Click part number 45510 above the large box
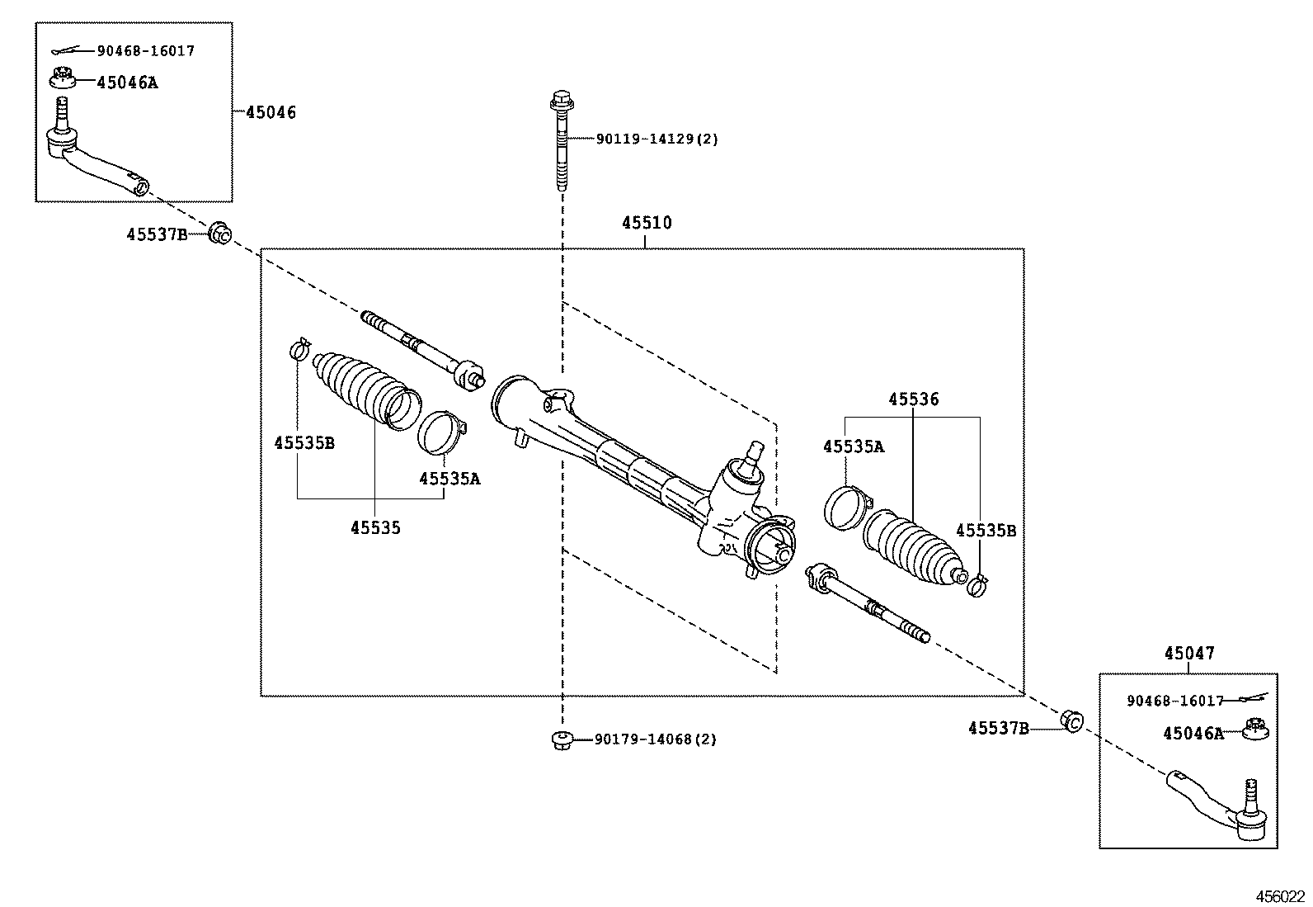click(647, 223)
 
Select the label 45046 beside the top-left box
click(271, 112)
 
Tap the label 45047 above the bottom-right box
click(1189, 654)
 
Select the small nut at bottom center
click(562, 739)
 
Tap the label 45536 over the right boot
click(913, 399)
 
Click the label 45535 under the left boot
click(375, 528)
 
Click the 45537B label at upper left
click(157, 234)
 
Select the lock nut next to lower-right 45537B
click(1071, 721)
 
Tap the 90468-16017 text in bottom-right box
click(1174, 701)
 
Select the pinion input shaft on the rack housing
click(751, 453)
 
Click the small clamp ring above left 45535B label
click(299, 350)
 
